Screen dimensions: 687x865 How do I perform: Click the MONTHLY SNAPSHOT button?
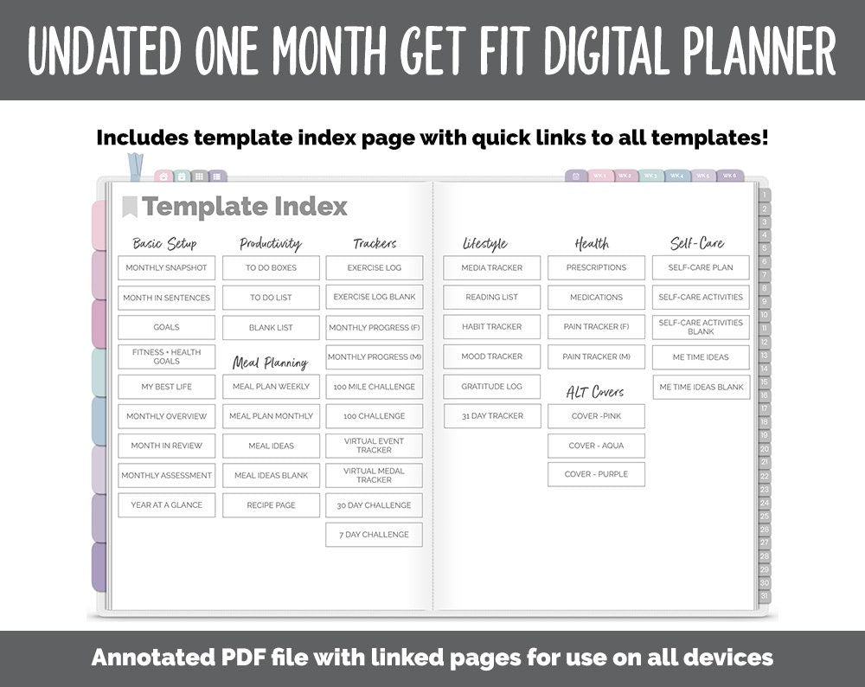click(166, 268)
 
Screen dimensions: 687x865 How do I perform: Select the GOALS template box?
click(166, 327)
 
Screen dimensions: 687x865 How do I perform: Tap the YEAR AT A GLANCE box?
click(166, 505)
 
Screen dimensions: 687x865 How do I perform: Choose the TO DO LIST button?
click(271, 298)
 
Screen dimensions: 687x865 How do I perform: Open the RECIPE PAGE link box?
click(271, 505)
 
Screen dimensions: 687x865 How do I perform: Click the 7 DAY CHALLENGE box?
click(374, 535)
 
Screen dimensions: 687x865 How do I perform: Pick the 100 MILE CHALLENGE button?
click(374, 387)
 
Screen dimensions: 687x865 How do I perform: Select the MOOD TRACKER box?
click(491, 356)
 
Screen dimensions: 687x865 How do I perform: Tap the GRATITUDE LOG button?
click(491, 387)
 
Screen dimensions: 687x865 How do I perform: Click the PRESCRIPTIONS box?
click(596, 268)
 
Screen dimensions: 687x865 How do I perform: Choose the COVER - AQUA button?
click(596, 446)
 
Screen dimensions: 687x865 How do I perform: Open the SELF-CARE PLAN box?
click(701, 268)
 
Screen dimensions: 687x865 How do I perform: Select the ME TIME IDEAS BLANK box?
click(701, 387)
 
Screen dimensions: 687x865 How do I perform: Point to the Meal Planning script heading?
click(270, 363)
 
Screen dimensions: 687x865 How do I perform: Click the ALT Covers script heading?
click(595, 392)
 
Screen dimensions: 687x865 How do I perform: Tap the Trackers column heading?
click(375, 244)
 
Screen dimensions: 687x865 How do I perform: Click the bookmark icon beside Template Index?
click(130, 207)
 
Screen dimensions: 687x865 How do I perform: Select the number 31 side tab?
click(764, 596)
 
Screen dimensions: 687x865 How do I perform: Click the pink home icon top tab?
click(163, 177)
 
